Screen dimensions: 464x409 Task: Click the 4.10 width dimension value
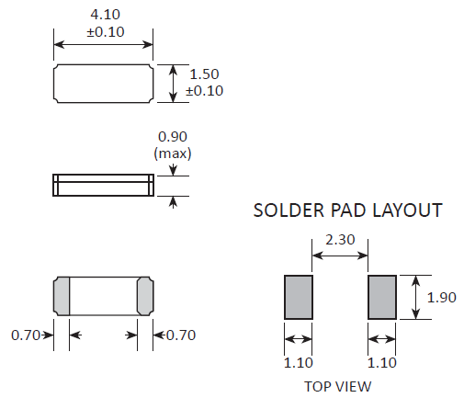point(106,15)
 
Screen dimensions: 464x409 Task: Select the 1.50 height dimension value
point(204,74)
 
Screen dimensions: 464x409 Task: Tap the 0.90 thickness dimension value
point(173,137)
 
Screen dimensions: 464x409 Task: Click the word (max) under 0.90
point(173,153)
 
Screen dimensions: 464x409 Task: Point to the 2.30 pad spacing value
point(340,240)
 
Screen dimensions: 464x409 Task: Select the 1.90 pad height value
point(442,298)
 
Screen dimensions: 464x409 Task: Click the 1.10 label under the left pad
point(299,363)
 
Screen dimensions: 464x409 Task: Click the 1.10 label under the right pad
point(382,363)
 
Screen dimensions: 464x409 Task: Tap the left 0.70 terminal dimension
point(26,335)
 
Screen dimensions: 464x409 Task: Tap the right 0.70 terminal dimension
point(181,335)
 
